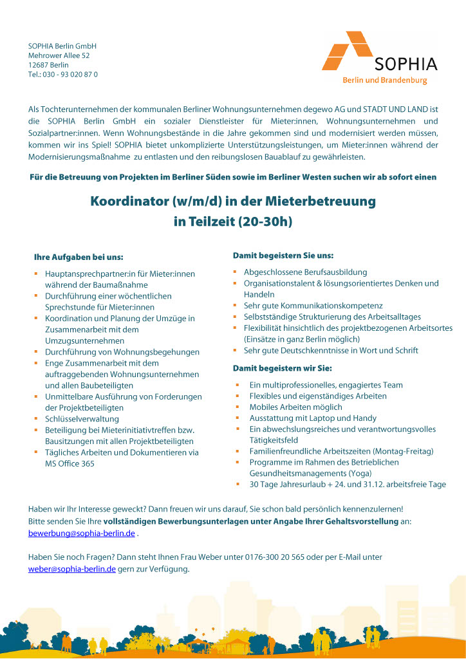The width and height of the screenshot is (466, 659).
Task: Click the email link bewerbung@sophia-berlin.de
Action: click(x=82, y=534)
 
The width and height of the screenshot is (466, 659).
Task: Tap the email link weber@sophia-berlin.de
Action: click(x=72, y=569)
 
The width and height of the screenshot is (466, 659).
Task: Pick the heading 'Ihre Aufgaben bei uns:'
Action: click(x=79, y=257)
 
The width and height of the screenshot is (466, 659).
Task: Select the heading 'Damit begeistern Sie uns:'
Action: click(x=283, y=255)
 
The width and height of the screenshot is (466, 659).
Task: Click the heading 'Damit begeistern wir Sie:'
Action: click(x=282, y=368)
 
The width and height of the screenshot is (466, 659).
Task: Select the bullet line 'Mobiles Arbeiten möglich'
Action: click(x=296, y=407)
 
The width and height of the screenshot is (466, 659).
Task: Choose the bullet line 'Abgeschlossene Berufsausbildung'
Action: click(x=305, y=272)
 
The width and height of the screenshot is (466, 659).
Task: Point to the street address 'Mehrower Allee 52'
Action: click(x=59, y=56)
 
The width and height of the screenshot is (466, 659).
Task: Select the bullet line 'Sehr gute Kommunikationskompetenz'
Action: click(x=313, y=306)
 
